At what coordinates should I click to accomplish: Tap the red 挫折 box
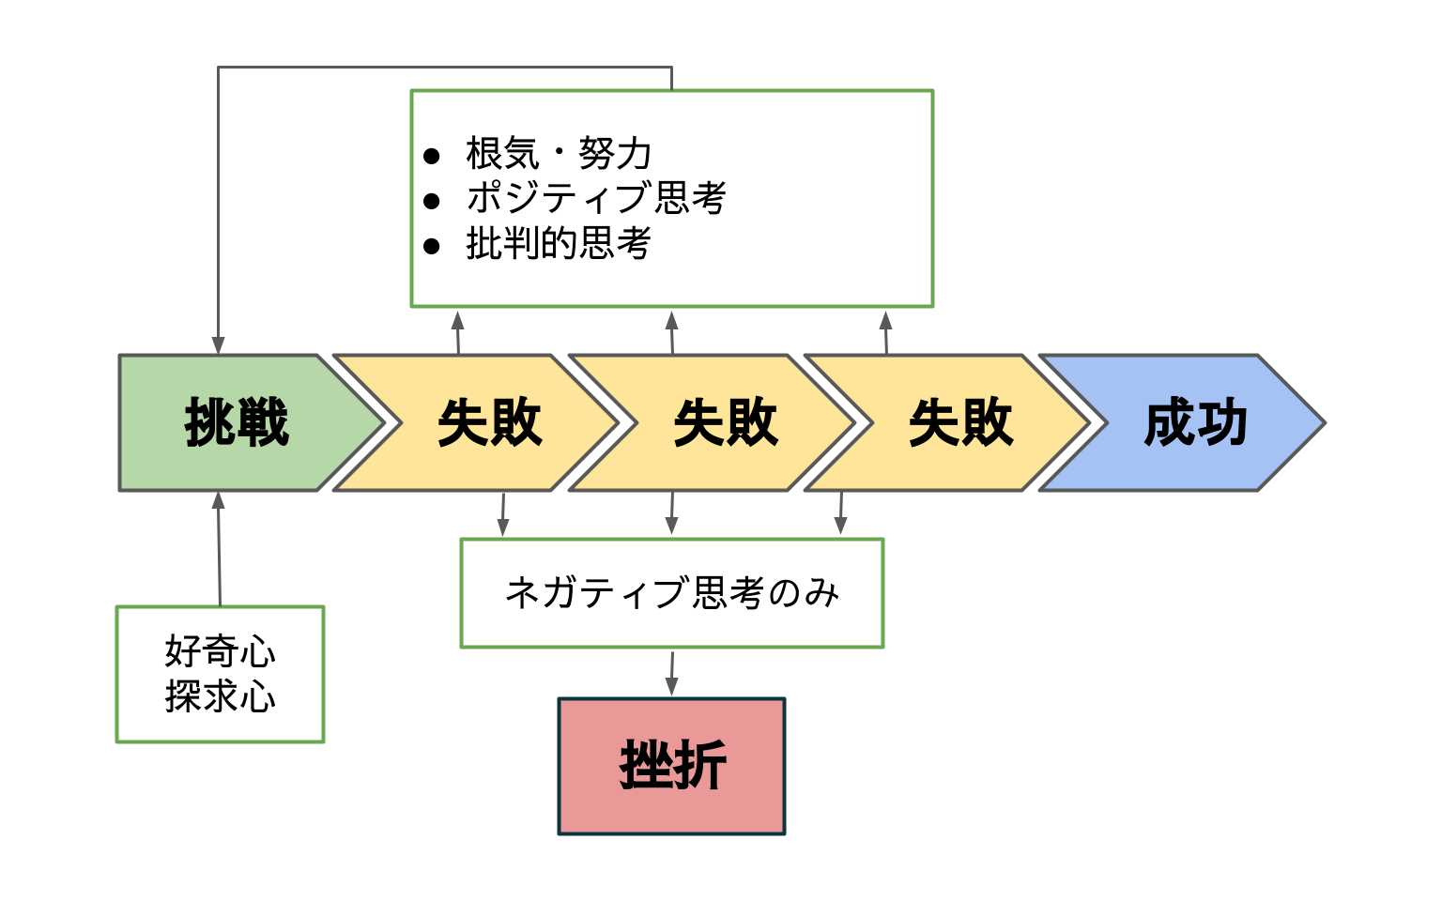click(672, 766)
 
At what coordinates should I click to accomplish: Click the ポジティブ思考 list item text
click(596, 197)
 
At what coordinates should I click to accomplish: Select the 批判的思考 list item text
click(559, 243)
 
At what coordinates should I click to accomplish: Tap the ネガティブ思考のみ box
click(672, 593)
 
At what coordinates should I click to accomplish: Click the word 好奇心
click(221, 651)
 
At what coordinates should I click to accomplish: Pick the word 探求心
click(221, 696)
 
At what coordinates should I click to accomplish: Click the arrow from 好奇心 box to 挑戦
click(219, 549)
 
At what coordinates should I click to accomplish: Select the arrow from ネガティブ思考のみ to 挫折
click(672, 674)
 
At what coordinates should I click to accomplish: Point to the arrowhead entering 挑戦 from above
click(218, 345)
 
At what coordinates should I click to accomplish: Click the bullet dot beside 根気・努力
click(431, 156)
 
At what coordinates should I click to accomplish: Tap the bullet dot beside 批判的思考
click(431, 246)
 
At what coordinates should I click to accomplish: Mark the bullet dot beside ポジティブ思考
click(431, 201)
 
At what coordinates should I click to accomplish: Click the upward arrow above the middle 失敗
click(672, 333)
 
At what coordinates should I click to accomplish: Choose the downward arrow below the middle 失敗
click(672, 513)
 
